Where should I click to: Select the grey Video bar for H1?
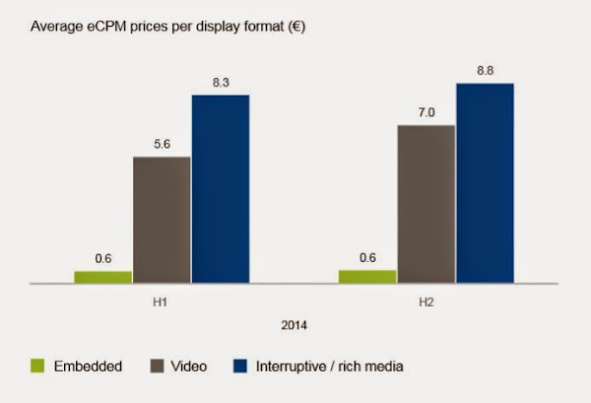pyautogui.click(x=162, y=220)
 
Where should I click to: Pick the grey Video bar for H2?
pyautogui.click(x=426, y=204)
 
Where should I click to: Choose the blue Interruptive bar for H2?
pyautogui.click(x=485, y=183)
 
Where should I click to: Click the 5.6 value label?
pyautogui.click(x=162, y=144)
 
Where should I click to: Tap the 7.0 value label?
pyautogui.click(x=426, y=113)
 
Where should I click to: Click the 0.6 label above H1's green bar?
pyautogui.click(x=102, y=259)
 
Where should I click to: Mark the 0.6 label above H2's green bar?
pyautogui.click(x=367, y=259)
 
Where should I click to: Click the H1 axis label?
pyautogui.click(x=162, y=299)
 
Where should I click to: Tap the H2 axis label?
pyautogui.click(x=426, y=299)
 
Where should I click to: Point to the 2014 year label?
pyautogui.click(x=294, y=322)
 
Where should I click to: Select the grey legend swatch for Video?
pyautogui.click(x=154, y=367)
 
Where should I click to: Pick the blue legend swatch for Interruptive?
pyautogui.click(x=238, y=367)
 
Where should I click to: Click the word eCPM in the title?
pyautogui.click(x=103, y=28)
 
